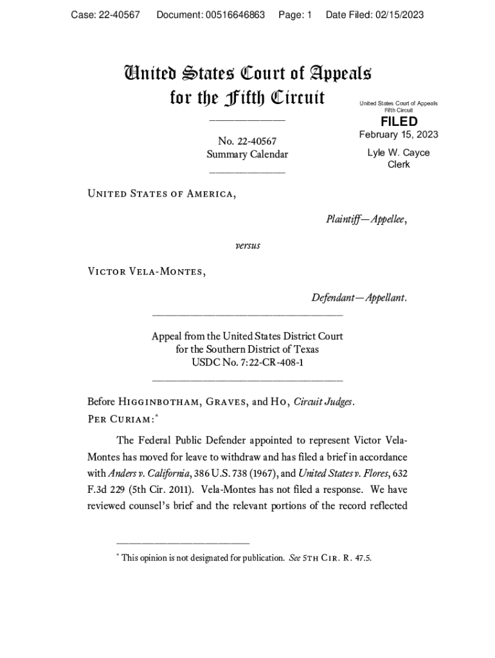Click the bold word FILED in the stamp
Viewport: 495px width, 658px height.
pyautogui.click(x=399, y=121)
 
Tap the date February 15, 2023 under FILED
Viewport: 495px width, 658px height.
pyautogui.click(x=399, y=134)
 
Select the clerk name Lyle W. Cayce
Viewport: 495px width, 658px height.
pyautogui.click(x=399, y=153)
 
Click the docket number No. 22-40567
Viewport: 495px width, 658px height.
pyautogui.click(x=248, y=141)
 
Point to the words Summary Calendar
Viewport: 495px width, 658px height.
pyautogui.click(x=248, y=154)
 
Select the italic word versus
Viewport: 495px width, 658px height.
pyautogui.click(x=248, y=245)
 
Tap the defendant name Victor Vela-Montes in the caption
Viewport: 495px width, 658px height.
pyautogui.click(x=146, y=271)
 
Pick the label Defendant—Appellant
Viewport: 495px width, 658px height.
pyautogui.click(x=359, y=298)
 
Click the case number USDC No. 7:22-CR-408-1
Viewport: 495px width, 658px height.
pyautogui.click(x=248, y=362)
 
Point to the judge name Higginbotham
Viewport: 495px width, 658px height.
pyautogui.click(x=160, y=402)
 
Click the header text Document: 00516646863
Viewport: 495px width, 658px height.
pyautogui.click(x=211, y=15)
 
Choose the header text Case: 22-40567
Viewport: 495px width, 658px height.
pyautogui.click(x=105, y=15)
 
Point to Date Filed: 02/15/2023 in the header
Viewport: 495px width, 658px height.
pyautogui.click(x=375, y=15)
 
